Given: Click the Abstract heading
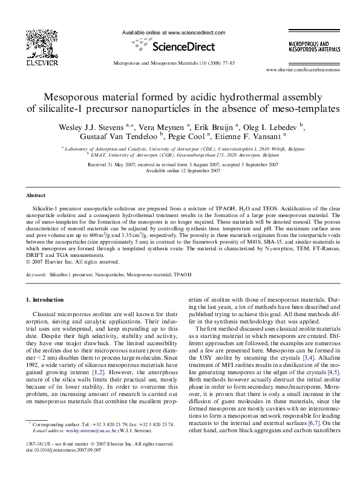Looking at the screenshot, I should [36, 196].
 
